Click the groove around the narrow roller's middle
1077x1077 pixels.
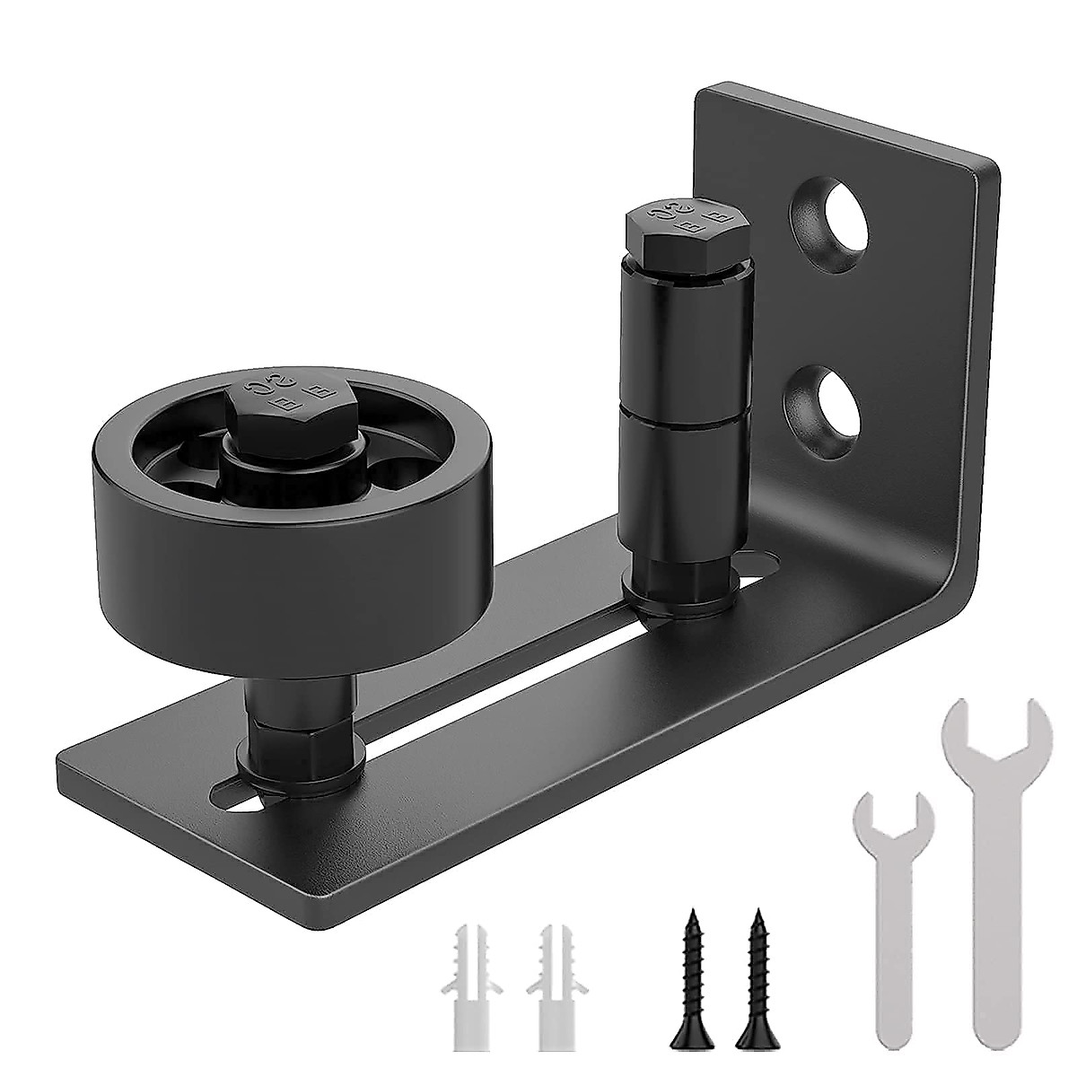(688, 405)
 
